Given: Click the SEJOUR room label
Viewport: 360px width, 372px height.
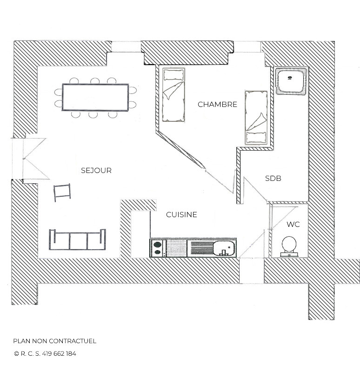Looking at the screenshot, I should [x=96, y=171].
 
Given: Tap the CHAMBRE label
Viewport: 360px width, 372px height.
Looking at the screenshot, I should [x=217, y=105].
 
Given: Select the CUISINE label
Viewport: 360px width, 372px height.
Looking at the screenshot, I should [x=181, y=215].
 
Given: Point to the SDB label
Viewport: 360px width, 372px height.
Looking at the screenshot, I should [x=273, y=179].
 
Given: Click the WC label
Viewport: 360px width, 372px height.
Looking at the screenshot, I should [x=293, y=225].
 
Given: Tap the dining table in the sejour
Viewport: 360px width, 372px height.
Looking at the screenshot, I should [x=95, y=98].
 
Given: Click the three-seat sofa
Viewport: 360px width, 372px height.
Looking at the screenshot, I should [x=77, y=239].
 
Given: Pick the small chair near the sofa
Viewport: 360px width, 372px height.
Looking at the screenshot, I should [x=62, y=192].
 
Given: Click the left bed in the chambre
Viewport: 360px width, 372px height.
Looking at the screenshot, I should [x=173, y=95].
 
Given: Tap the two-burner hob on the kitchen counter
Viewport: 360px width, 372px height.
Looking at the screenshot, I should [x=158, y=248].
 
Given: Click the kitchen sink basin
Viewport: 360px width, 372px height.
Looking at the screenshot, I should [x=224, y=248].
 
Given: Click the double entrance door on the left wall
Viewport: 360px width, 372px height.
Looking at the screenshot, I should [x=30, y=158].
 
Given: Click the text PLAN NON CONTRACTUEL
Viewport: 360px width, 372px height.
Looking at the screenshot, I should [x=54, y=341].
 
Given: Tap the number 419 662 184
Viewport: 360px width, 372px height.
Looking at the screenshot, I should [x=59, y=353].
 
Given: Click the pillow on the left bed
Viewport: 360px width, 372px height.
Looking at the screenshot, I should [x=173, y=74].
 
